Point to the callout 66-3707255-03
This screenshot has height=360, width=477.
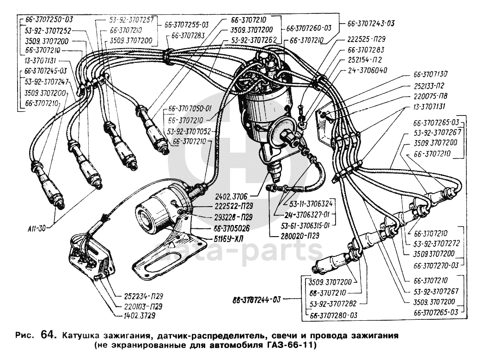tap(187, 24)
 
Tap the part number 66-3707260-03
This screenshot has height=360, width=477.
tap(309, 28)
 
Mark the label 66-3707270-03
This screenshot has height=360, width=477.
tap(435, 265)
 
